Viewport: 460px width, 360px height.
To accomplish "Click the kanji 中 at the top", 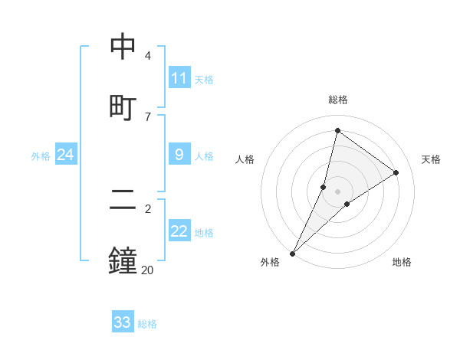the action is pyautogui.click(x=123, y=47).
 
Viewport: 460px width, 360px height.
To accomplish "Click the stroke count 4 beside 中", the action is pyautogui.click(x=148, y=56).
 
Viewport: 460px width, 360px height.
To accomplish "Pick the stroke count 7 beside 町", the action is pyautogui.click(x=148, y=116).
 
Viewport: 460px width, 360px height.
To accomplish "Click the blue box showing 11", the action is pyautogui.click(x=179, y=78).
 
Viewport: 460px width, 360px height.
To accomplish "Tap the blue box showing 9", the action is pyautogui.click(x=179, y=155).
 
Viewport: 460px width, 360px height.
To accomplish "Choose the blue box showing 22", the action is pyautogui.click(x=179, y=231).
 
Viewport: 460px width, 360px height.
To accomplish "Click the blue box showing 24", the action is pyautogui.click(x=66, y=155).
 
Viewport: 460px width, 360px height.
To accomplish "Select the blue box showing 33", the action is pyautogui.click(x=123, y=322).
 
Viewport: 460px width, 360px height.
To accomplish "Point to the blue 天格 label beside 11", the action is pyautogui.click(x=204, y=79).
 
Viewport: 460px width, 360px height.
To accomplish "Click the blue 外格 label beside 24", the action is pyautogui.click(x=41, y=155).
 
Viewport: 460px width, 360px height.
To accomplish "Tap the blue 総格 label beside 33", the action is pyautogui.click(x=147, y=323).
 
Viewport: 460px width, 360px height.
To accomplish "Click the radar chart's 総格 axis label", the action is pyautogui.click(x=338, y=100).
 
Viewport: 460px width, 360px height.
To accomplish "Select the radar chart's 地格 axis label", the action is pyautogui.click(x=402, y=262).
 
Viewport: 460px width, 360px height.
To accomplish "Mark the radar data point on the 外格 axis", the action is pyautogui.click(x=293, y=253).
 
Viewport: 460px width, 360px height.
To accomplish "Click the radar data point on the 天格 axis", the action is pyautogui.click(x=396, y=172).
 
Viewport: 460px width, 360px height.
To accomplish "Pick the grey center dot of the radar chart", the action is pyautogui.click(x=338, y=191).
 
